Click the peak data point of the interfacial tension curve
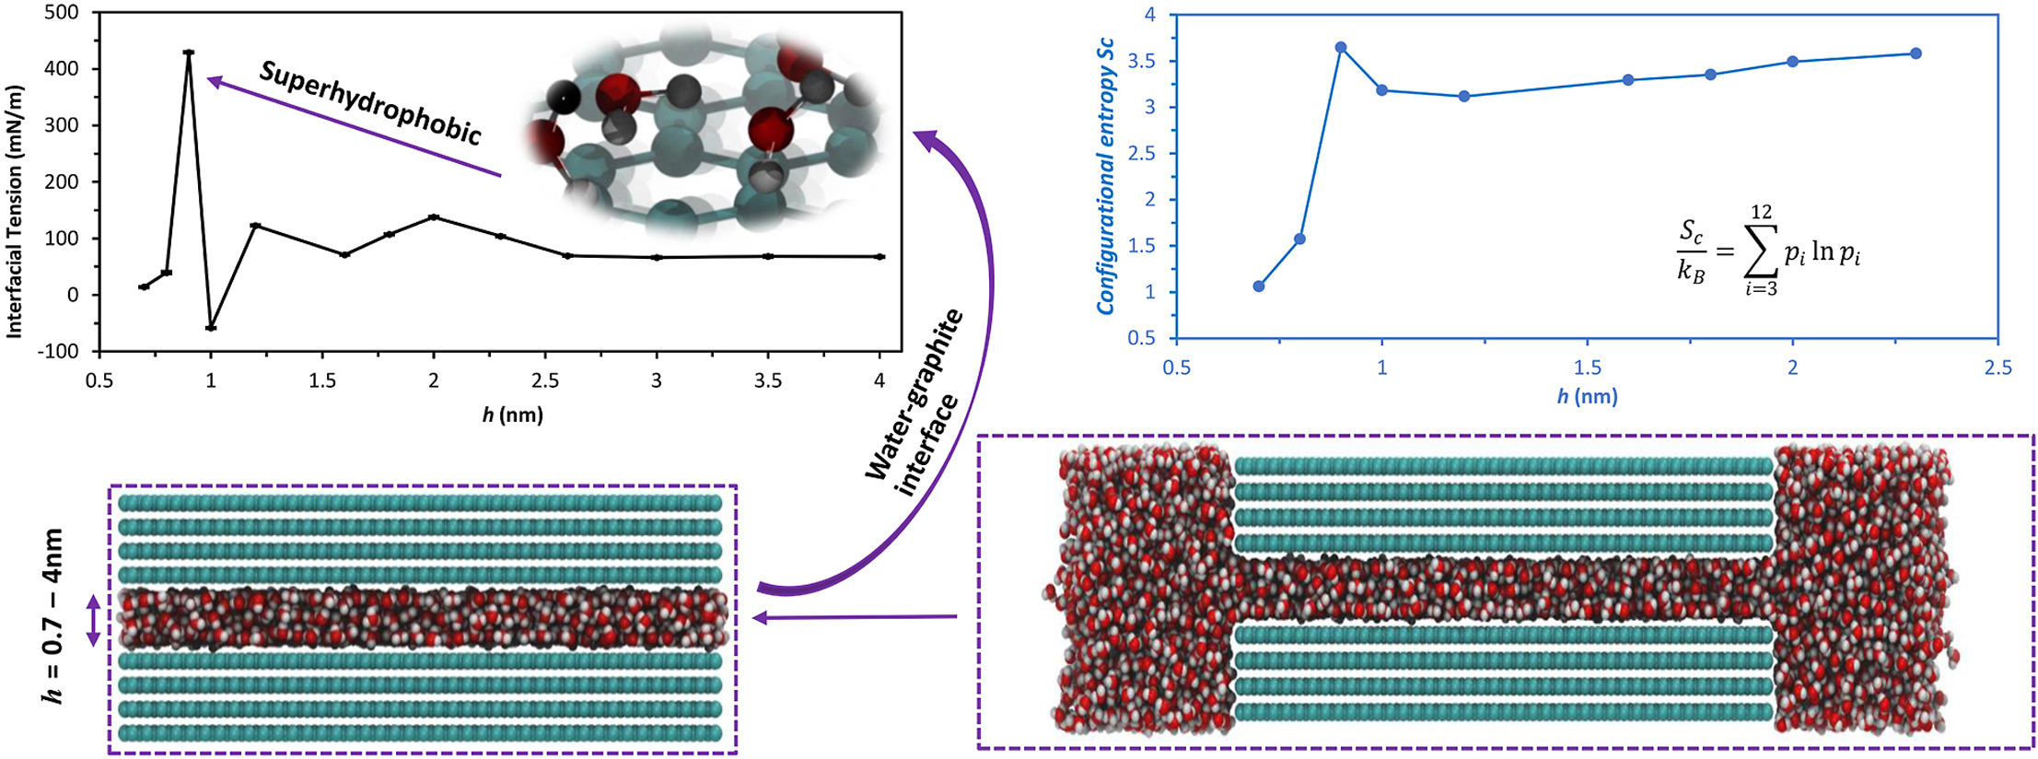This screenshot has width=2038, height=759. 189,53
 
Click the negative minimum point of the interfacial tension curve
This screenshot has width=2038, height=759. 211,328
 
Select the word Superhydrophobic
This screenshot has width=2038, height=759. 370,103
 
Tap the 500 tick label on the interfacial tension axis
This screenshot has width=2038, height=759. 61,13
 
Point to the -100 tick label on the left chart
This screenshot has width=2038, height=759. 57,351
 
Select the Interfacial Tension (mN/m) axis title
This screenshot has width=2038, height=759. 14,211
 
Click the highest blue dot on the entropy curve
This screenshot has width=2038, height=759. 1341,47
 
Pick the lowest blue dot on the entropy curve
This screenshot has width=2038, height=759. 1259,286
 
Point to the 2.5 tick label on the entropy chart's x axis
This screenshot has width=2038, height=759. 1998,368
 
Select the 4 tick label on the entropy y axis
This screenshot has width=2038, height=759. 1149,15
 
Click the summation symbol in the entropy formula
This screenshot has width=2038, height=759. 1760,251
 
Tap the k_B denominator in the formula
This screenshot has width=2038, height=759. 1691,274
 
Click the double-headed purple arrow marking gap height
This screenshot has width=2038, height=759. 93,620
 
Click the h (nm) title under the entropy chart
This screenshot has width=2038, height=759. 1587,397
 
